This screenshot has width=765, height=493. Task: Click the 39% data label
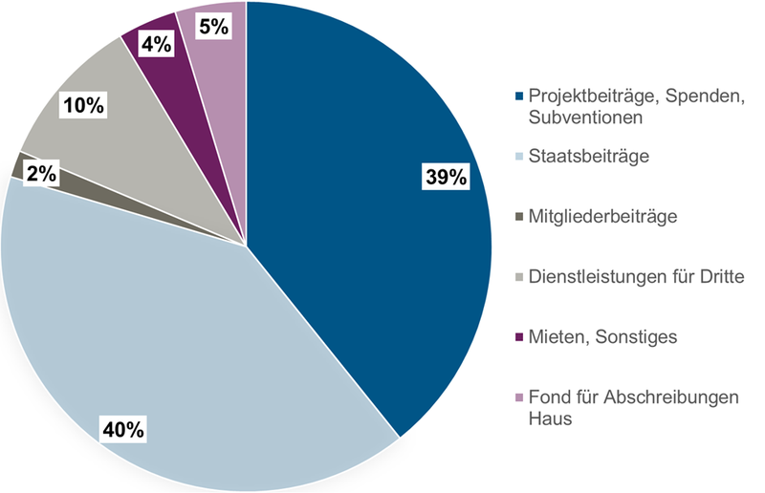click(447, 177)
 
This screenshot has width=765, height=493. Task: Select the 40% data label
click(123, 429)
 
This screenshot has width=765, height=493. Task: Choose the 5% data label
click(213, 27)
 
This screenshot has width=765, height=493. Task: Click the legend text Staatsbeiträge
click(589, 156)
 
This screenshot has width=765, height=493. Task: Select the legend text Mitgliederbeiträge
click(603, 217)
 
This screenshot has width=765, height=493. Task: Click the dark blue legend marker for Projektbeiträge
click(519, 97)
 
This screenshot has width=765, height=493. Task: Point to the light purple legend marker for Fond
click(519, 398)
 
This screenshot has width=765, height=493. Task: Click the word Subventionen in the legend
click(583, 117)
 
